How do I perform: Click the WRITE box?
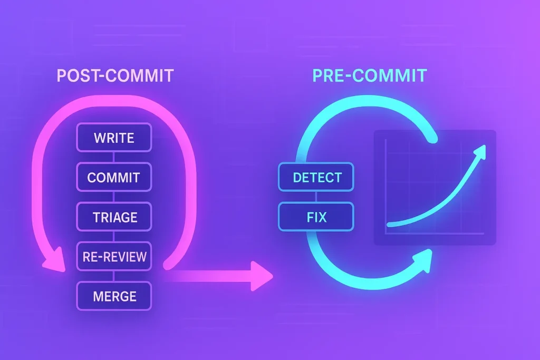tap(114, 138)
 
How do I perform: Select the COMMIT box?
tap(114, 177)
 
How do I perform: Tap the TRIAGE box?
tap(114, 217)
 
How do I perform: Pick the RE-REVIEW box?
tap(114, 257)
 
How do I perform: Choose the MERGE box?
tap(114, 296)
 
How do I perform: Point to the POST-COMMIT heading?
tap(115, 75)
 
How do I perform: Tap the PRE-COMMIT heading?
tap(369, 75)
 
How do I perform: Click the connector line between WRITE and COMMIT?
tap(114, 157)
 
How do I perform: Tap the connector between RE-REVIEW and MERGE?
tap(114, 276)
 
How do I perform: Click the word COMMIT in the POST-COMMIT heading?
tap(140, 75)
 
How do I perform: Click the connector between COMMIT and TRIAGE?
tap(114, 197)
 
